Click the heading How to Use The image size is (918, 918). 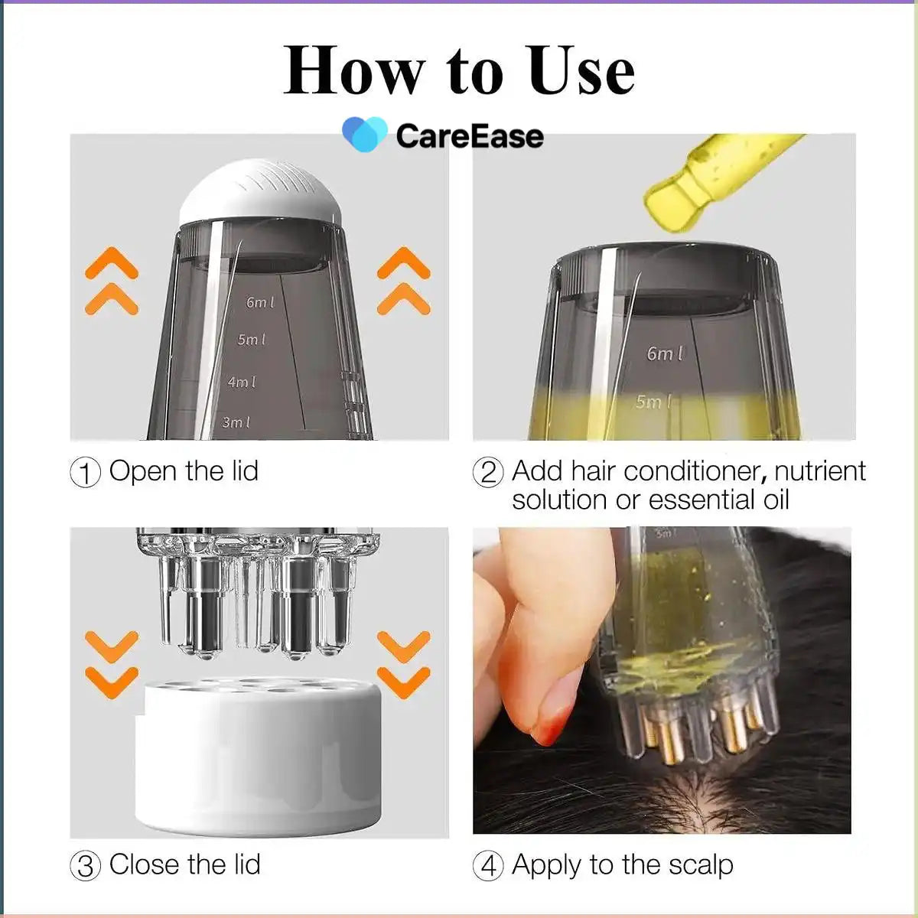coord(459,70)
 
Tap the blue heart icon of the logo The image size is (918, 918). coord(365,134)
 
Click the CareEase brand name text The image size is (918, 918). coord(470,136)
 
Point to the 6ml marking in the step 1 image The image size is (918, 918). coord(260,302)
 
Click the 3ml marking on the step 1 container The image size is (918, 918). coord(236,422)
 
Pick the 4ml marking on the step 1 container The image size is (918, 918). coord(242,381)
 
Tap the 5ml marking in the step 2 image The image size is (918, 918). coord(653,402)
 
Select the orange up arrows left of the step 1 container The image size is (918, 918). coord(112,281)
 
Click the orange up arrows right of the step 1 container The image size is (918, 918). coord(403,281)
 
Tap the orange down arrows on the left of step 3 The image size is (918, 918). coord(112,664)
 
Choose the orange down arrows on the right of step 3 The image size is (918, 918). coord(403,664)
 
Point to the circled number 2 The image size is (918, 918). coord(488,472)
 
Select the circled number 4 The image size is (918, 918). coord(488,866)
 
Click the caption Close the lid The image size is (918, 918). coord(184,864)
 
